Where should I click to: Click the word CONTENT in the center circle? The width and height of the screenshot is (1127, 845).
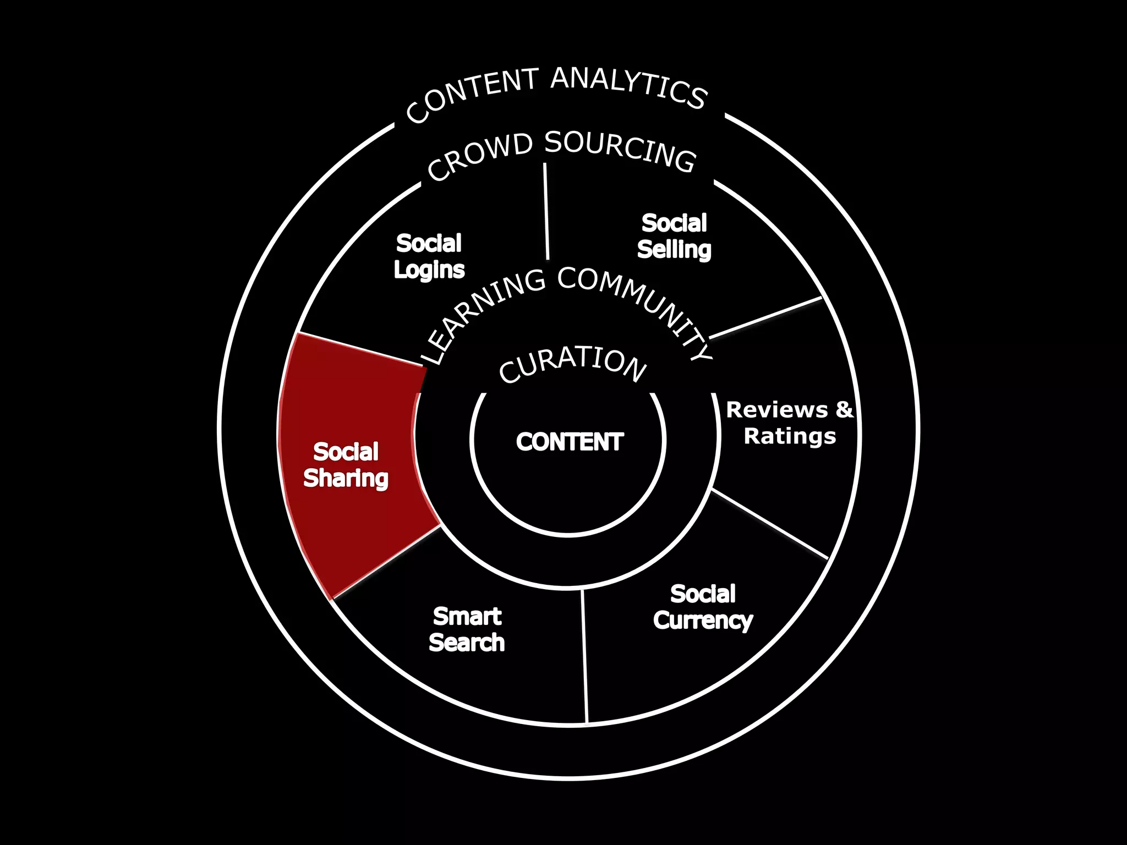click(x=570, y=442)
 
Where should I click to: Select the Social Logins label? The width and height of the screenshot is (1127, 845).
click(x=429, y=256)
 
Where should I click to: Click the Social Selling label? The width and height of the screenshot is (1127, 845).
click(x=674, y=237)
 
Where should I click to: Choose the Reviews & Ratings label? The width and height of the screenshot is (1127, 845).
click(x=790, y=423)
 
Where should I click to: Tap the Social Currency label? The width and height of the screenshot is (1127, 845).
click(x=703, y=607)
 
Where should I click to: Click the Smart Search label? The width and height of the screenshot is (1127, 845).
click(x=467, y=630)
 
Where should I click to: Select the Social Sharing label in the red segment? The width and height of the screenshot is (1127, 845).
click(x=346, y=465)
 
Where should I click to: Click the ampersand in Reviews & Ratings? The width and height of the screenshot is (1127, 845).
click(x=844, y=410)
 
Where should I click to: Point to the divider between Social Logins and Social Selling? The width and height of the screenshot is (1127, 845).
click(x=546, y=212)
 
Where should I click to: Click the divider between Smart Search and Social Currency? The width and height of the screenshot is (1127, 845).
click(x=585, y=655)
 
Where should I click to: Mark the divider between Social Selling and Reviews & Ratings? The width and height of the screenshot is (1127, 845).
click(x=765, y=318)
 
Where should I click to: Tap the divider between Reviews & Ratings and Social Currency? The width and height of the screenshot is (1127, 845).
click(x=770, y=524)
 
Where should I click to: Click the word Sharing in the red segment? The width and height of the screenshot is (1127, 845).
click(x=346, y=479)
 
